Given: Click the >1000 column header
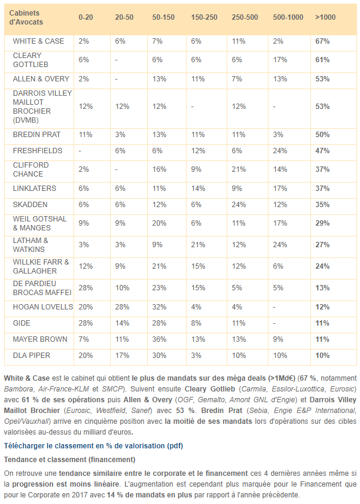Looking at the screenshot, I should [325, 17].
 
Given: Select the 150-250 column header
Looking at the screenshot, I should [204, 17].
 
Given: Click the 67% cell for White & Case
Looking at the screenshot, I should [323, 41].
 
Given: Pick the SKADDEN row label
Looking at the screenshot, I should [30, 204].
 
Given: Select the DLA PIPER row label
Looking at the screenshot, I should [32, 356].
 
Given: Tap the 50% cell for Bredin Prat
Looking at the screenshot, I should [323, 135].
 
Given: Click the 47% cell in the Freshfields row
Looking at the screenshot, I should [323, 151].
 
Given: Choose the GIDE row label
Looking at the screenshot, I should [22, 323].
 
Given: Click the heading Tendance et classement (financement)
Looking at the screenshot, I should [69, 459].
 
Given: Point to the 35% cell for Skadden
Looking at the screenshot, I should [323, 204].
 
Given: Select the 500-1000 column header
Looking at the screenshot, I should [288, 17].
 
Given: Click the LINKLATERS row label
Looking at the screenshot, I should [35, 189].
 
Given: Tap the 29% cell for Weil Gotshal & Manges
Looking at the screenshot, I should [323, 223].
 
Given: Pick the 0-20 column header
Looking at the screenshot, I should [85, 17].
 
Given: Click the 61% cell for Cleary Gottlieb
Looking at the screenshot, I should [323, 60].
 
